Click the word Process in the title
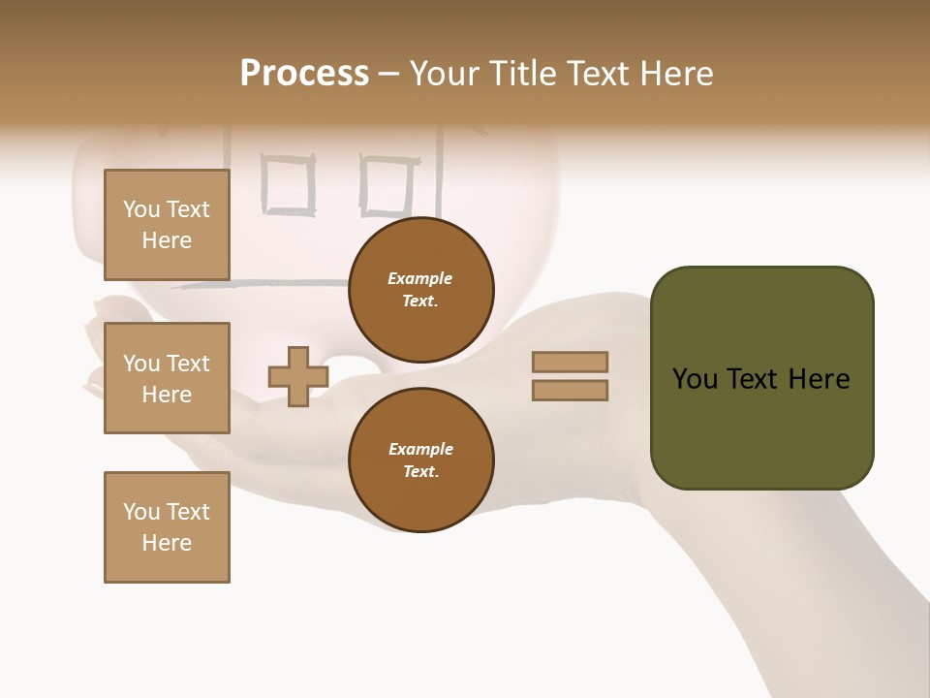coord(304,74)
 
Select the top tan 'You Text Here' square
coord(167,225)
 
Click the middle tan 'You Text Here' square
coord(167,378)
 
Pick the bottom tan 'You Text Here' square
coord(167,527)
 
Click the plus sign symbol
coord(298,376)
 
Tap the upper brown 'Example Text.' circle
coord(420,290)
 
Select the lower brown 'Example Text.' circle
coord(420,460)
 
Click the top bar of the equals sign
coord(570,362)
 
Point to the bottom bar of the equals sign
coord(570,391)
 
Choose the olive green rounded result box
coord(761,378)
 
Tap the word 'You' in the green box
coord(696,379)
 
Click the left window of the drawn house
coord(289,185)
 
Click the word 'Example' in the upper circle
coord(420,278)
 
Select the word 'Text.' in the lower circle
coord(420,472)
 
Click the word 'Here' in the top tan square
coord(167,240)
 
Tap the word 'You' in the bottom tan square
coord(141,512)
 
